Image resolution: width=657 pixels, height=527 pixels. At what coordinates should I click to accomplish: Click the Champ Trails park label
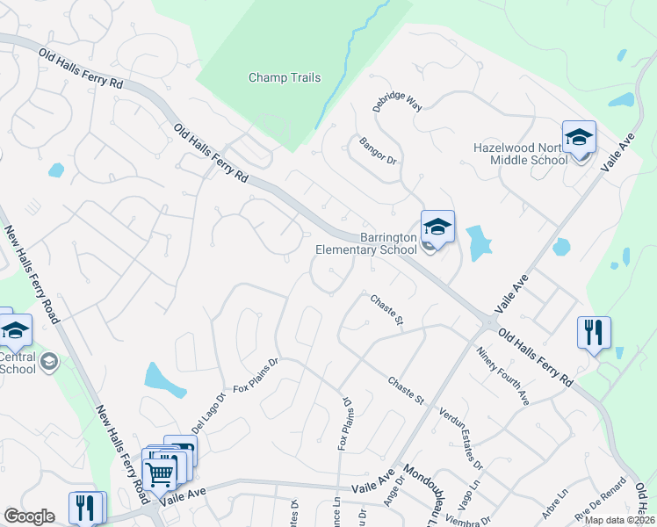(x=284, y=77)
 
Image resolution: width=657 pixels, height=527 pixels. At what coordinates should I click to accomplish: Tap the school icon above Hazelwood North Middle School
(x=579, y=139)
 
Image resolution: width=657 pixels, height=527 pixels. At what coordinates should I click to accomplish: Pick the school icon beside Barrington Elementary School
(x=437, y=228)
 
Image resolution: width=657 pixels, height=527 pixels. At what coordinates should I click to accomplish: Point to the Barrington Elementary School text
(x=388, y=243)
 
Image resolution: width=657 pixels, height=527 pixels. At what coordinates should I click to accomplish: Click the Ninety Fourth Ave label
(x=503, y=376)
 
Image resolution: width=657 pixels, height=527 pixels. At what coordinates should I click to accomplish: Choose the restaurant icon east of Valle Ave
(x=594, y=333)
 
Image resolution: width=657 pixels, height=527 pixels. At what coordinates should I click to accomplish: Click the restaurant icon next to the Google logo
(x=86, y=508)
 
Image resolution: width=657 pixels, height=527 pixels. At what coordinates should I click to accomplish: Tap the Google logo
(x=29, y=516)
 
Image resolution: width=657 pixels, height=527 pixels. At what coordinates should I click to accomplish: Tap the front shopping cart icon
(x=159, y=475)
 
